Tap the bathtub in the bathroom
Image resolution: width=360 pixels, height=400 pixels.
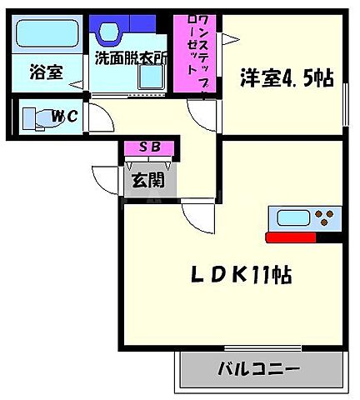(x=46, y=35)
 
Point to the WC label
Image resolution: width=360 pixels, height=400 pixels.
(x=64, y=117)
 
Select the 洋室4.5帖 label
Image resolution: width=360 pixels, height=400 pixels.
(x=287, y=77)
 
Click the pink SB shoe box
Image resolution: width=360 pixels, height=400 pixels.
(x=149, y=148)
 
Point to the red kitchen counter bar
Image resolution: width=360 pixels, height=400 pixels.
(x=304, y=237)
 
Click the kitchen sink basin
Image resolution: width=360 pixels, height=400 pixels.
(x=292, y=219)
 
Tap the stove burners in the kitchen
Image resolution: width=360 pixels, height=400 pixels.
(x=326, y=219)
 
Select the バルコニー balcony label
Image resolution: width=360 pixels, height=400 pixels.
(x=261, y=367)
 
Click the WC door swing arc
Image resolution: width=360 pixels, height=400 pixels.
(x=97, y=119)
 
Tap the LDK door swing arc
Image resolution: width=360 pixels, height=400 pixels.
(x=198, y=218)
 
